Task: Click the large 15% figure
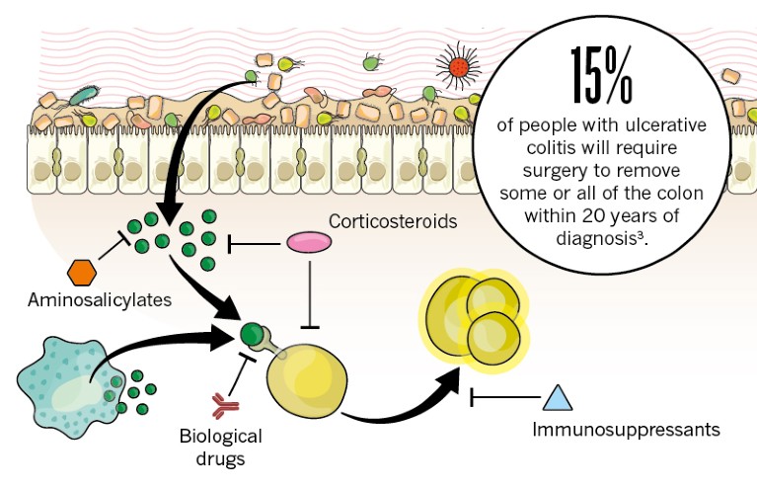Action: click(x=600, y=75)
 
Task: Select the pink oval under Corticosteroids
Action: click(x=309, y=242)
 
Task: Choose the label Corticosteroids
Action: click(x=393, y=221)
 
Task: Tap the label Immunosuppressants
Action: click(x=626, y=430)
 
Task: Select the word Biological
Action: click(x=221, y=436)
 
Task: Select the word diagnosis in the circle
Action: click(x=588, y=238)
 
